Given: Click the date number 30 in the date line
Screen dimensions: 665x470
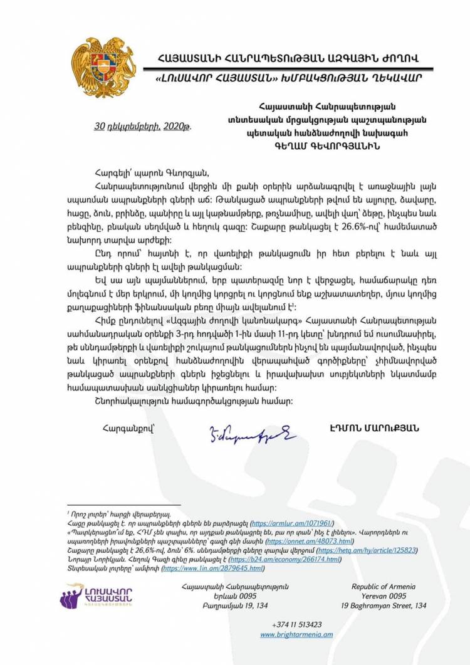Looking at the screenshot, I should [98, 125].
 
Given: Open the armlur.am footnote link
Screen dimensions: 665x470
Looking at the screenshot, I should [291, 522].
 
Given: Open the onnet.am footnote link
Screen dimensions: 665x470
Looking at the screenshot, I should [310, 540].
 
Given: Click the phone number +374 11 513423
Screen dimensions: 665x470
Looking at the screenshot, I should [297, 624].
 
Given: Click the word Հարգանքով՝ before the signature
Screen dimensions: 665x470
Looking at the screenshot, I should [121, 428].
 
